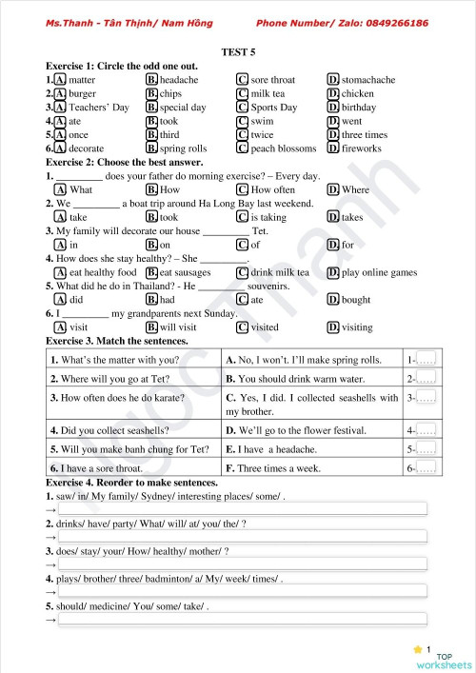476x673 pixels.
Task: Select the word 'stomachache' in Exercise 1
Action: click(x=367, y=80)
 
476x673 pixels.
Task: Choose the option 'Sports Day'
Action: click(x=273, y=108)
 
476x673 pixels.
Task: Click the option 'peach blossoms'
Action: click(x=283, y=148)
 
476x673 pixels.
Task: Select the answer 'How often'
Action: click(x=272, y=189)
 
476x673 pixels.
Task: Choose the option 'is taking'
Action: click(x=268, y=217)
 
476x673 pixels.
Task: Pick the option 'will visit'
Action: click(x=178, y=327)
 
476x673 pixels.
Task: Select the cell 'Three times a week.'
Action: click(x=279, y=468)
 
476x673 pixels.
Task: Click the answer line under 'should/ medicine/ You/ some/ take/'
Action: click(x=243, y=620)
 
